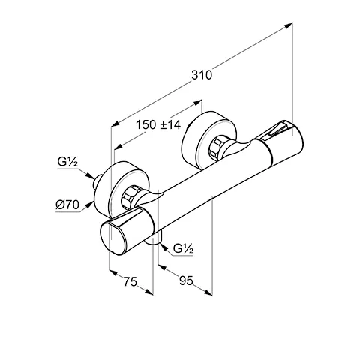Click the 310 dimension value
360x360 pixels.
pyautogui.click(x=201, y=74)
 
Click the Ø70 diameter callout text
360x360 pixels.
pyautogui.click(x=67, y=203)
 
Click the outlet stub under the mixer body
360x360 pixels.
pyautogui.click(x=156, y=241)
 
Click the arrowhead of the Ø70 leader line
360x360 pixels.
pyautogui.click(x=93, y=201)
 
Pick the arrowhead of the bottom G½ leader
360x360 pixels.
pyautogui.click(x=162, y=244)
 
